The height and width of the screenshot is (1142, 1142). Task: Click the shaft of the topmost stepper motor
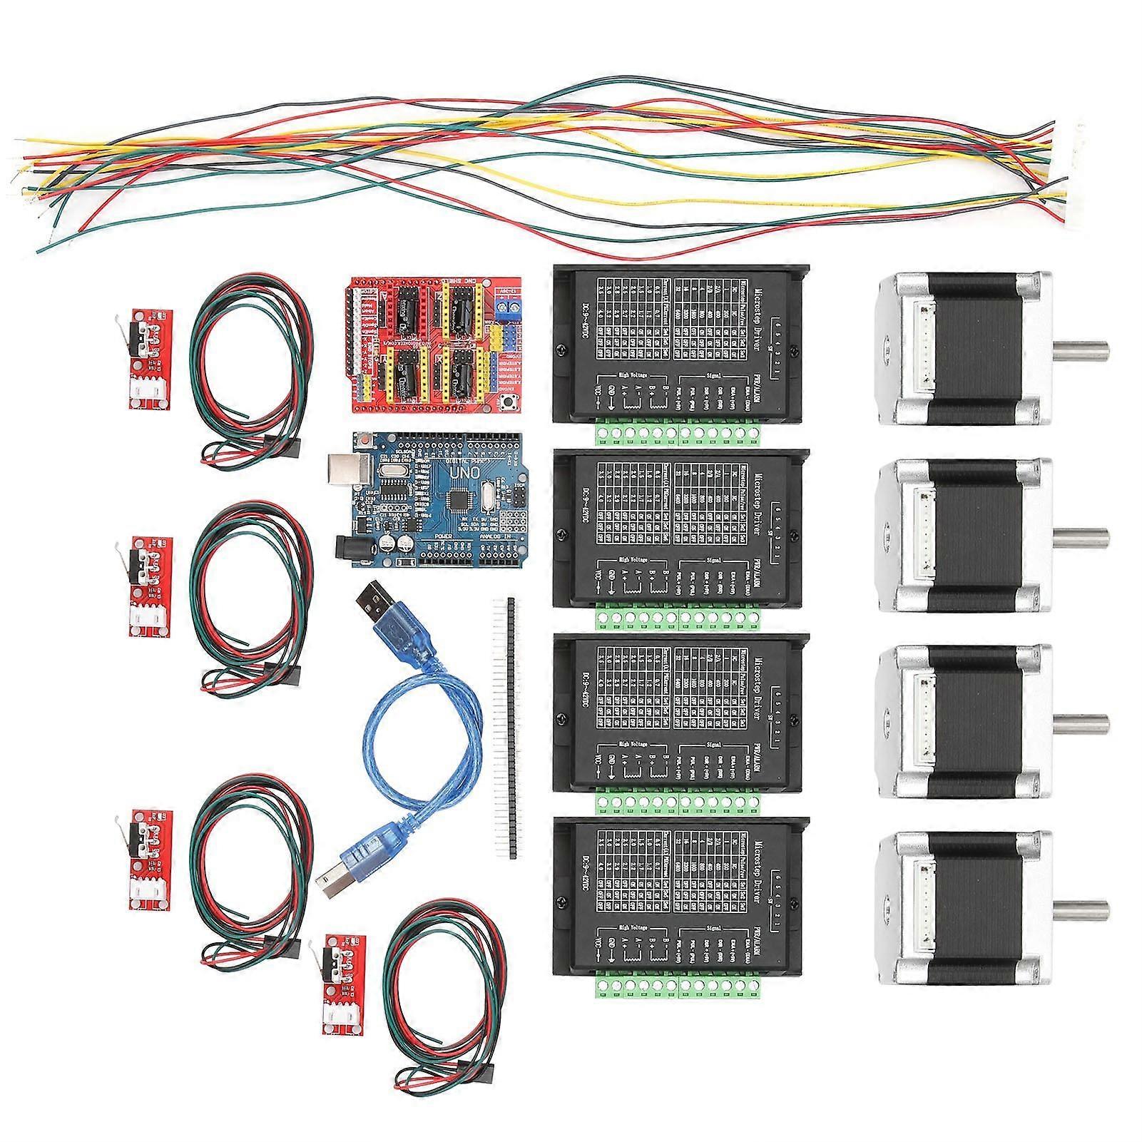point(1080,351)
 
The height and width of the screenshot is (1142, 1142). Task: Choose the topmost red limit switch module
point(148,364)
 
